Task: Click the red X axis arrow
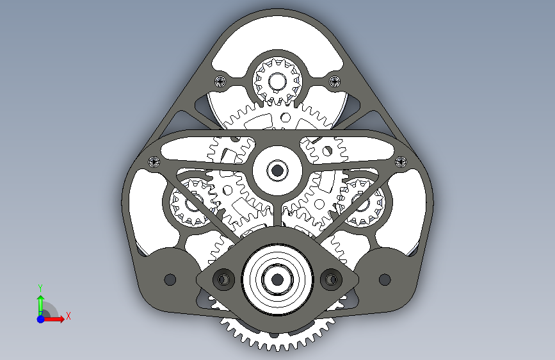pos(53,319)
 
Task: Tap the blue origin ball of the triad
pos(41,319)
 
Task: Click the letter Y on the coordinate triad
pos(40,288)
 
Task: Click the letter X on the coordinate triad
pos(68,316)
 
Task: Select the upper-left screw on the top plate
pos(220,82)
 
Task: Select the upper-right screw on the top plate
pos(335,82)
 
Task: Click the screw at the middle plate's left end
pos(154,162)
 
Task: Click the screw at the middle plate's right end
pos(401,162)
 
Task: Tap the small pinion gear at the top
pos(278,81)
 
